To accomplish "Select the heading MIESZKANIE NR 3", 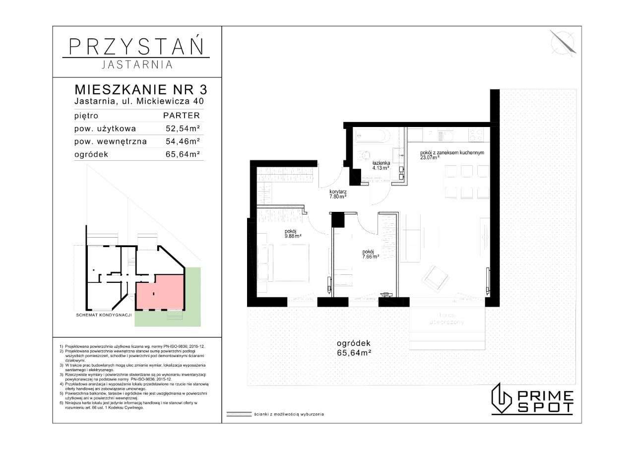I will [140, 90].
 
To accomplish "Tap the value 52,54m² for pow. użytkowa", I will [183, 128].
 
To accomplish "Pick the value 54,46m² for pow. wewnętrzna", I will [183, 141].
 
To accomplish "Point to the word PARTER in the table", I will [182, 116].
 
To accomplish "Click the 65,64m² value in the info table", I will [183, 154].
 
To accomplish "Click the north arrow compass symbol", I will [564, 42].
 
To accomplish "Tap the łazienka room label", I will [381, 165].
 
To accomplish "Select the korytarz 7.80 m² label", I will [337, 193].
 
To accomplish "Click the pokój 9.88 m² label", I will [293, 233].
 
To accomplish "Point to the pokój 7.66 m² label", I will [371, 254].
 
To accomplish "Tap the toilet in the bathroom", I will [364, 155].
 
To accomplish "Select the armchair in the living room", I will [435, 277].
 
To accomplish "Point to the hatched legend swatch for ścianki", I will [238, 413].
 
